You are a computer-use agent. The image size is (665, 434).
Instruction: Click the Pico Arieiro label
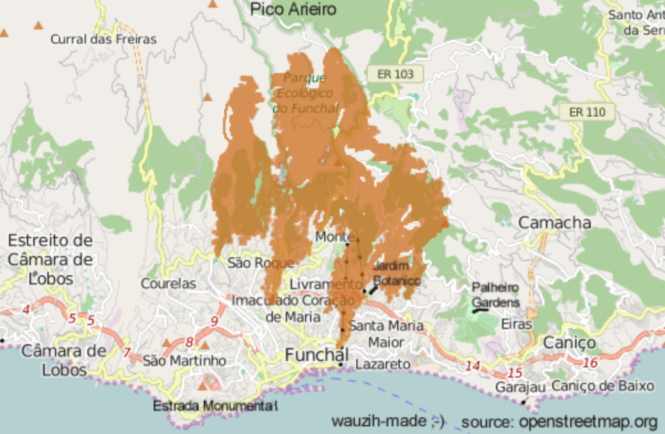[293, 10]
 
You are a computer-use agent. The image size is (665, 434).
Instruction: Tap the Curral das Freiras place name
[103, 39]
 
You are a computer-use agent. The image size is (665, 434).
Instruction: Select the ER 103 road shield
[395, 74]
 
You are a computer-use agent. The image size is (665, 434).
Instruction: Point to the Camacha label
[554, 223]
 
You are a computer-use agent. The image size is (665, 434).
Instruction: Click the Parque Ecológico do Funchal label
[305, 93]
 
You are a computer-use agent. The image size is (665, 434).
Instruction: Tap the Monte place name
[331, 237]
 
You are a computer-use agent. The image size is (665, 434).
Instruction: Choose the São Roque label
[261, 262]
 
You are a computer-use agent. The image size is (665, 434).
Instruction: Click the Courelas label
[168, 283]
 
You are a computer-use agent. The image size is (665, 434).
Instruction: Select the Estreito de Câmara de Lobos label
[50, 259]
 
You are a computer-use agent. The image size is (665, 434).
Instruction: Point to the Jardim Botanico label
[397, 273]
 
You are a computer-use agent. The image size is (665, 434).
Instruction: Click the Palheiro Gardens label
[496, 294]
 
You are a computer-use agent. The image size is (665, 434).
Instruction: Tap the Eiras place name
[516, 324]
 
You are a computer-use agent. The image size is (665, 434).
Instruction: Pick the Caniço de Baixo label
[603, 386]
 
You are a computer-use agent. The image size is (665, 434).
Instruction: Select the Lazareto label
[382, 364]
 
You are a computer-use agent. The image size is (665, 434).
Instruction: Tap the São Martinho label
[184, 360]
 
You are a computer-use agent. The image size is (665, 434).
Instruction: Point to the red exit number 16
[590, 362]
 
